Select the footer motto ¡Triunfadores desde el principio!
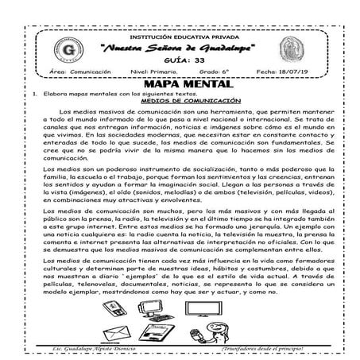click(269, 347)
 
